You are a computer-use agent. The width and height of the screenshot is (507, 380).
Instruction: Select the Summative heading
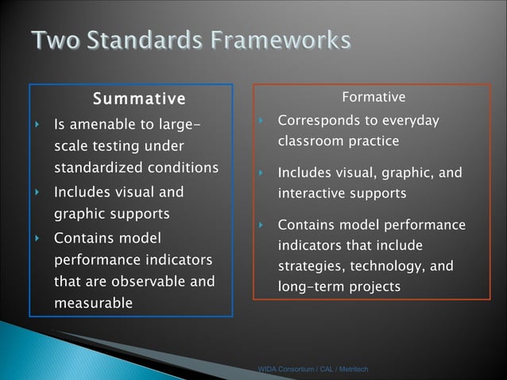[x=138, y=99]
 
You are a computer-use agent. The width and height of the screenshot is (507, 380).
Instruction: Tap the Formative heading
[x=373, y=97]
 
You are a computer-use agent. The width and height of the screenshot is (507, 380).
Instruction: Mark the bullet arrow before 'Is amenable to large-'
[x=37, y=125]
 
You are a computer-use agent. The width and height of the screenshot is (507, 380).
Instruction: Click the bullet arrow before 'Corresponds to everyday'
[x=261, y=121]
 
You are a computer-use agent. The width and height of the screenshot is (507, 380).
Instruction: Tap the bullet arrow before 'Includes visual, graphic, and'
[x=261, y=173]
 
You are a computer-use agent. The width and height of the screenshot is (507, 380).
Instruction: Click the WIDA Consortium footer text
[x=312, y=370]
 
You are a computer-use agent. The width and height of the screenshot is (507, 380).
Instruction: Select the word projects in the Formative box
[x=375, y=286]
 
